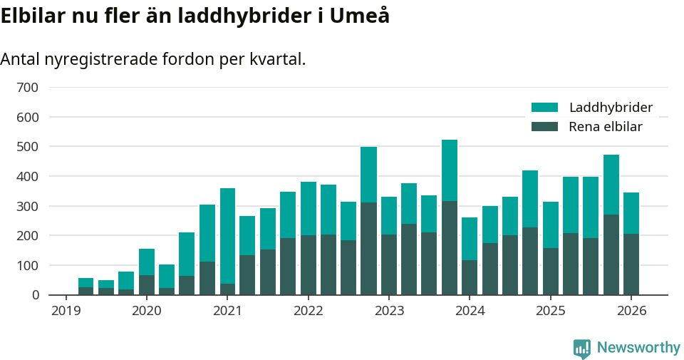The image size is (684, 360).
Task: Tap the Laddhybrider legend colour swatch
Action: pos(544,108)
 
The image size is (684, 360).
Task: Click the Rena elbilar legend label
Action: pos(606,127)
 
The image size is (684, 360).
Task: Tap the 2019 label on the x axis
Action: pos(66,311)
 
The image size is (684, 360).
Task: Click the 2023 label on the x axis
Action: pos(389,311)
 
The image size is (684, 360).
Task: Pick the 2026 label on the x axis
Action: pos(631,311)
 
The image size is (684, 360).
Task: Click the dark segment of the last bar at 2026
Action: pos(631,264)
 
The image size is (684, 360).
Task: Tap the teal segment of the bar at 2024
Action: pos(470,239)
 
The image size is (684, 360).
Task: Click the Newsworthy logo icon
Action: pos(581,348)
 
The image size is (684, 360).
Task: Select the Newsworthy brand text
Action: pos(638,348)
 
